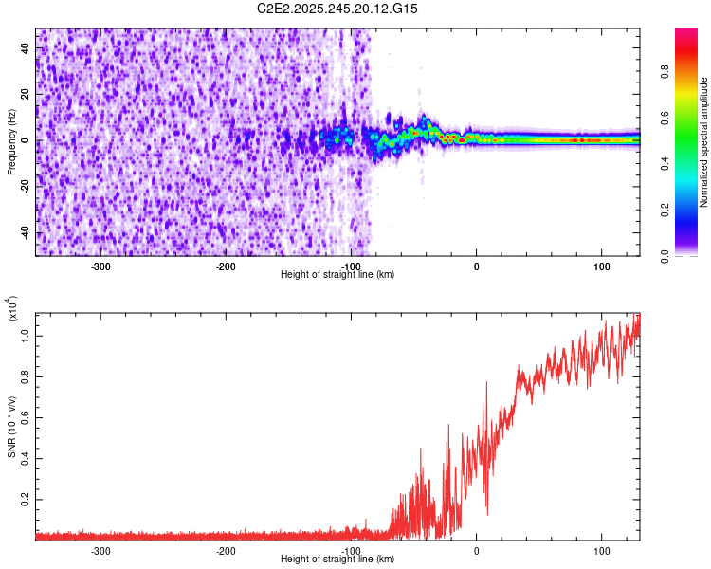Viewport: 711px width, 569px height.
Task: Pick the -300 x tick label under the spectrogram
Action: (100, 266)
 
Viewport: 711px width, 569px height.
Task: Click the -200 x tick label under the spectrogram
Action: (226, 266)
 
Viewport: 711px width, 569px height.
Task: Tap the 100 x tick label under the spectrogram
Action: (601, 266)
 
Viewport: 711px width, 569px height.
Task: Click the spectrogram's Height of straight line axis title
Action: (337, 274)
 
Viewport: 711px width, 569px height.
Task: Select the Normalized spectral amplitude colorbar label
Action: (703, 142)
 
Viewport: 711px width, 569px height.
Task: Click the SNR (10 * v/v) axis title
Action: (11, 427)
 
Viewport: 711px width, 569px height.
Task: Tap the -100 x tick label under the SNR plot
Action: (351, 551)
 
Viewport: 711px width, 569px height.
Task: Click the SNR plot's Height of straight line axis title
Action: (337, 560)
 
